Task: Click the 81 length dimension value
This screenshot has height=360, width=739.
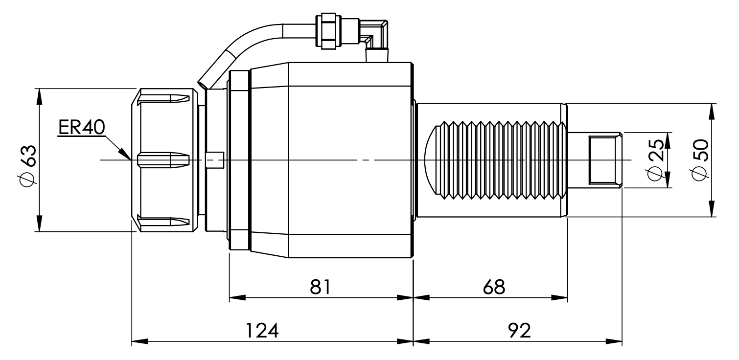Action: (321, 287)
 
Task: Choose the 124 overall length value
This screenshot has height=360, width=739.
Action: (261, 331)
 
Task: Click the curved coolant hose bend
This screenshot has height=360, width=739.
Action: (245, 49)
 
